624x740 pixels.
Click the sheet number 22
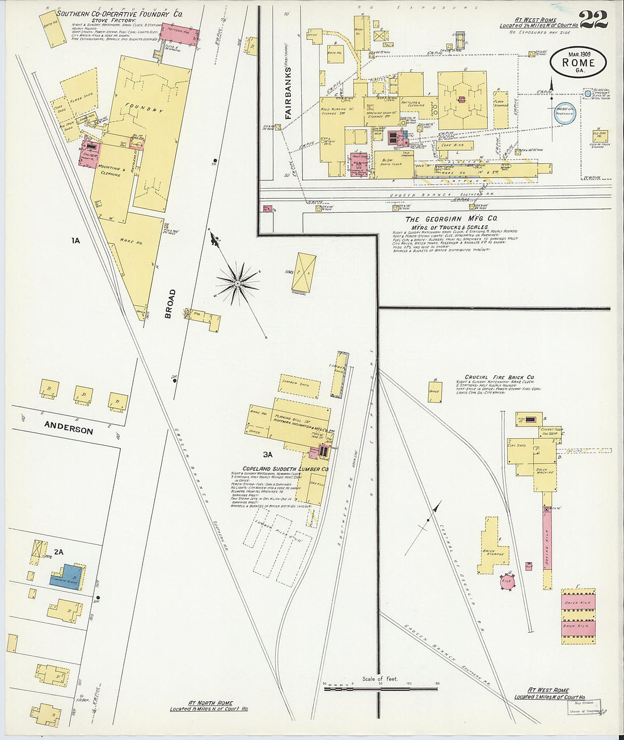pyautogui.click(x=593, y=19)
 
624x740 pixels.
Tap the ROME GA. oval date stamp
pyautogui.click(x=578, y=62)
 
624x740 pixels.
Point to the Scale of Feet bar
pyautogui.click(x=380, y=688)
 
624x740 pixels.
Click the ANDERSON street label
pyautogui.click(x=69, y=429)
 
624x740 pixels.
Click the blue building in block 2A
pyautogui.click(x=65, y=577)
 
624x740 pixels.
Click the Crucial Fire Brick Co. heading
pyautogui.click(x=499, y=377)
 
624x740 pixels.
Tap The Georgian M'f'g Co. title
pyautogui.click(x=451, y=219)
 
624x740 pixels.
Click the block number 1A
pyautogui.click(x=75, y=240)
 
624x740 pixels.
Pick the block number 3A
pyautogui.click(x=268, y=454)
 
